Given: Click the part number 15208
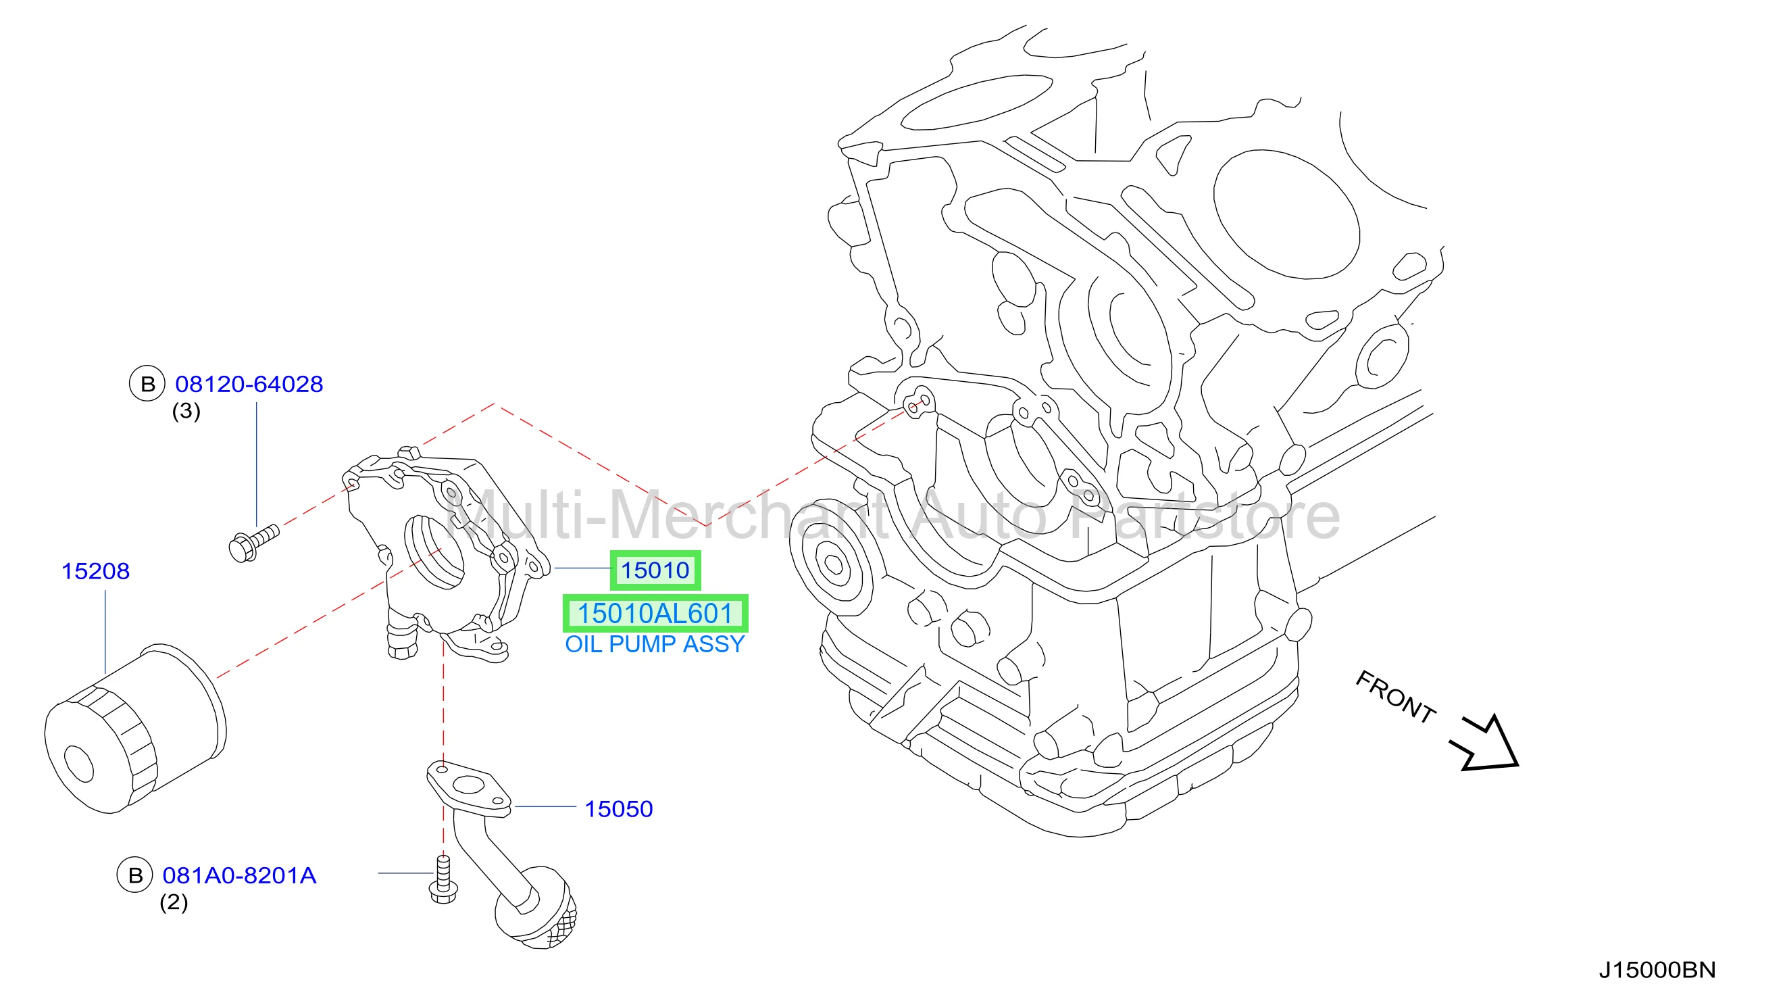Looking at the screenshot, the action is coord(96,571).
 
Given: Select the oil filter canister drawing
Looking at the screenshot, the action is coord(135,728).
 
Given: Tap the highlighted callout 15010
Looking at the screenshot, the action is coord(655,570).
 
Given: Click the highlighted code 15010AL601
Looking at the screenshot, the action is coord(655,614).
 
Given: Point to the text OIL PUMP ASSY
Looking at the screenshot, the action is coord(655,645).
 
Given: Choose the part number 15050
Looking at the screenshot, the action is coord(619,809).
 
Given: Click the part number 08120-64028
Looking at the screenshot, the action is coord(249,384).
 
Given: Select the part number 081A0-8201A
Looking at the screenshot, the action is coord(239,875).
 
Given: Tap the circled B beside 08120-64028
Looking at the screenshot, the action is coord(147,384).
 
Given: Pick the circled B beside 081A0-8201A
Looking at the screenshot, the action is coord(135,875).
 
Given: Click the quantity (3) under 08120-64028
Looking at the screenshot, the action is coord(186,411).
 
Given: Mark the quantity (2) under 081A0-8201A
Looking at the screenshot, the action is coord(174,902).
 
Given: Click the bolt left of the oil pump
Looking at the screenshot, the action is coord(253,543).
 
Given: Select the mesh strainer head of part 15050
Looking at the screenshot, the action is coord(536,908).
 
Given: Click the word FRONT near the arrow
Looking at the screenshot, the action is coord(1395,698).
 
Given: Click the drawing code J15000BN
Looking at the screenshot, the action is coord(1657,970).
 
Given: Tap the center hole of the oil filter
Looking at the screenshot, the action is coord(78,764).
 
